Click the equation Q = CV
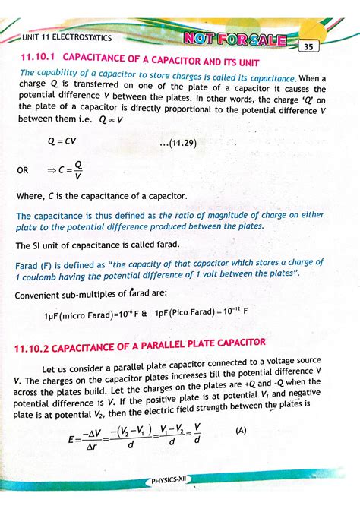(62, 141)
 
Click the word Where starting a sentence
(31, 196)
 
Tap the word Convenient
(43, 292)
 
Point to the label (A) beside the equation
(241, 429)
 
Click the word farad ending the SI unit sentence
(165, 245)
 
